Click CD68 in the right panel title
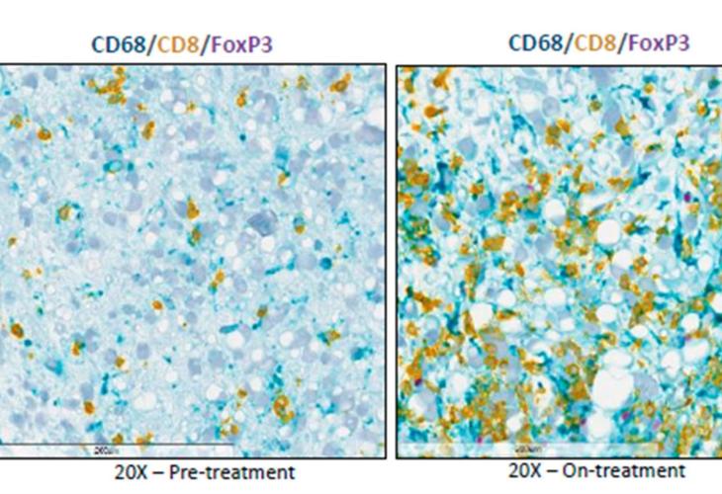coord(531,42)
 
